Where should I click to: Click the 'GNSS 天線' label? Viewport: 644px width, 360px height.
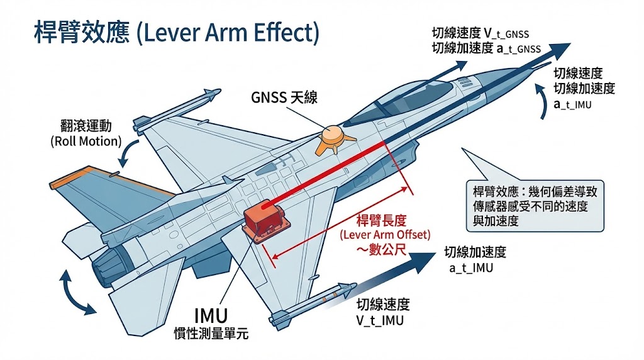point(284,98)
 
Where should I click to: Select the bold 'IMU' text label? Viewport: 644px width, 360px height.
point(211,315)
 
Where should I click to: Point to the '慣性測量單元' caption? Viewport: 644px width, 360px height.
point(211,334)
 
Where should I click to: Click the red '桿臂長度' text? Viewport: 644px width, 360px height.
point(383,220)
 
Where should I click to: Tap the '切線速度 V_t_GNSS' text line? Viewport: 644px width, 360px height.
point(486,33)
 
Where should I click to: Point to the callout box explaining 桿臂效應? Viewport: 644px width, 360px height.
point(530,205)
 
